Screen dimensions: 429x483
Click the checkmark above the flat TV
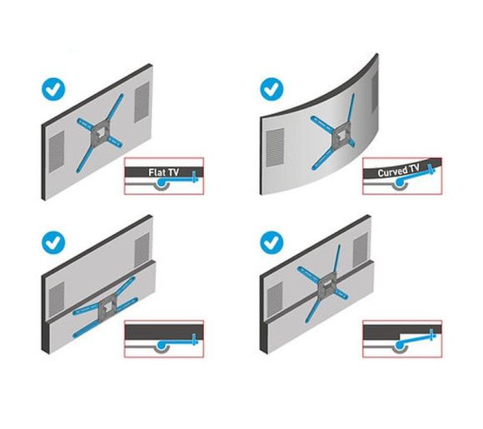pyautogui.click(x=54, y=87)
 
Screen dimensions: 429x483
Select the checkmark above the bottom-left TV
pyautogui.click(x=54, y=243)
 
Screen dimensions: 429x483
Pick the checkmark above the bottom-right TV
pyautogui.click(x=271, y=243)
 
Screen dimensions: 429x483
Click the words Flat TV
pyautogui.click(x=163, y=173)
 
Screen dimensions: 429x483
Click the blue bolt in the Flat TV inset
pyautogui.click(x=193, y=176)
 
